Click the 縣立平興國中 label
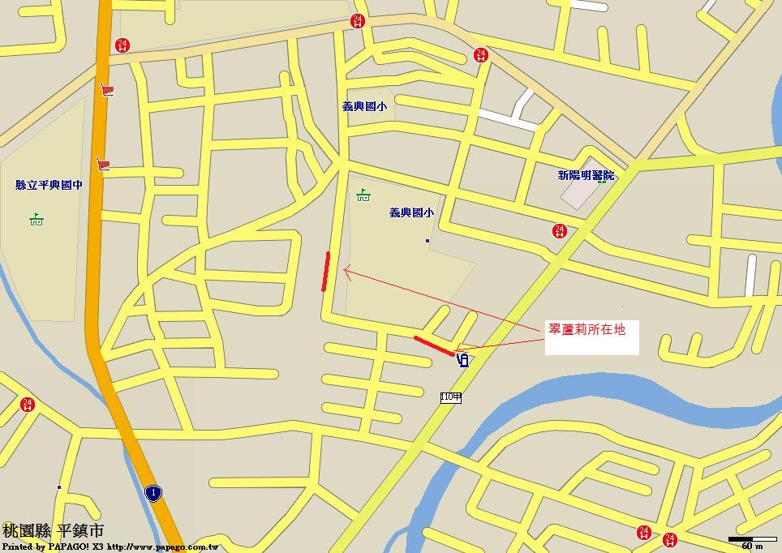49,185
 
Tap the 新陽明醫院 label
586,175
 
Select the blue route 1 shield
153,492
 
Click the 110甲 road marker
451,397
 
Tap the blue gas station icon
463,359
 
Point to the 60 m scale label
751,547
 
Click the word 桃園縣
26,531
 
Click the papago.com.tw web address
162,547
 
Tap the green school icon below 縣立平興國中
36,219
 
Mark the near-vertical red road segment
325,271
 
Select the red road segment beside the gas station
434,345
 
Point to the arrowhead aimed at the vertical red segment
347,272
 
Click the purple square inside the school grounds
428,241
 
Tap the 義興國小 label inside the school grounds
411,213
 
